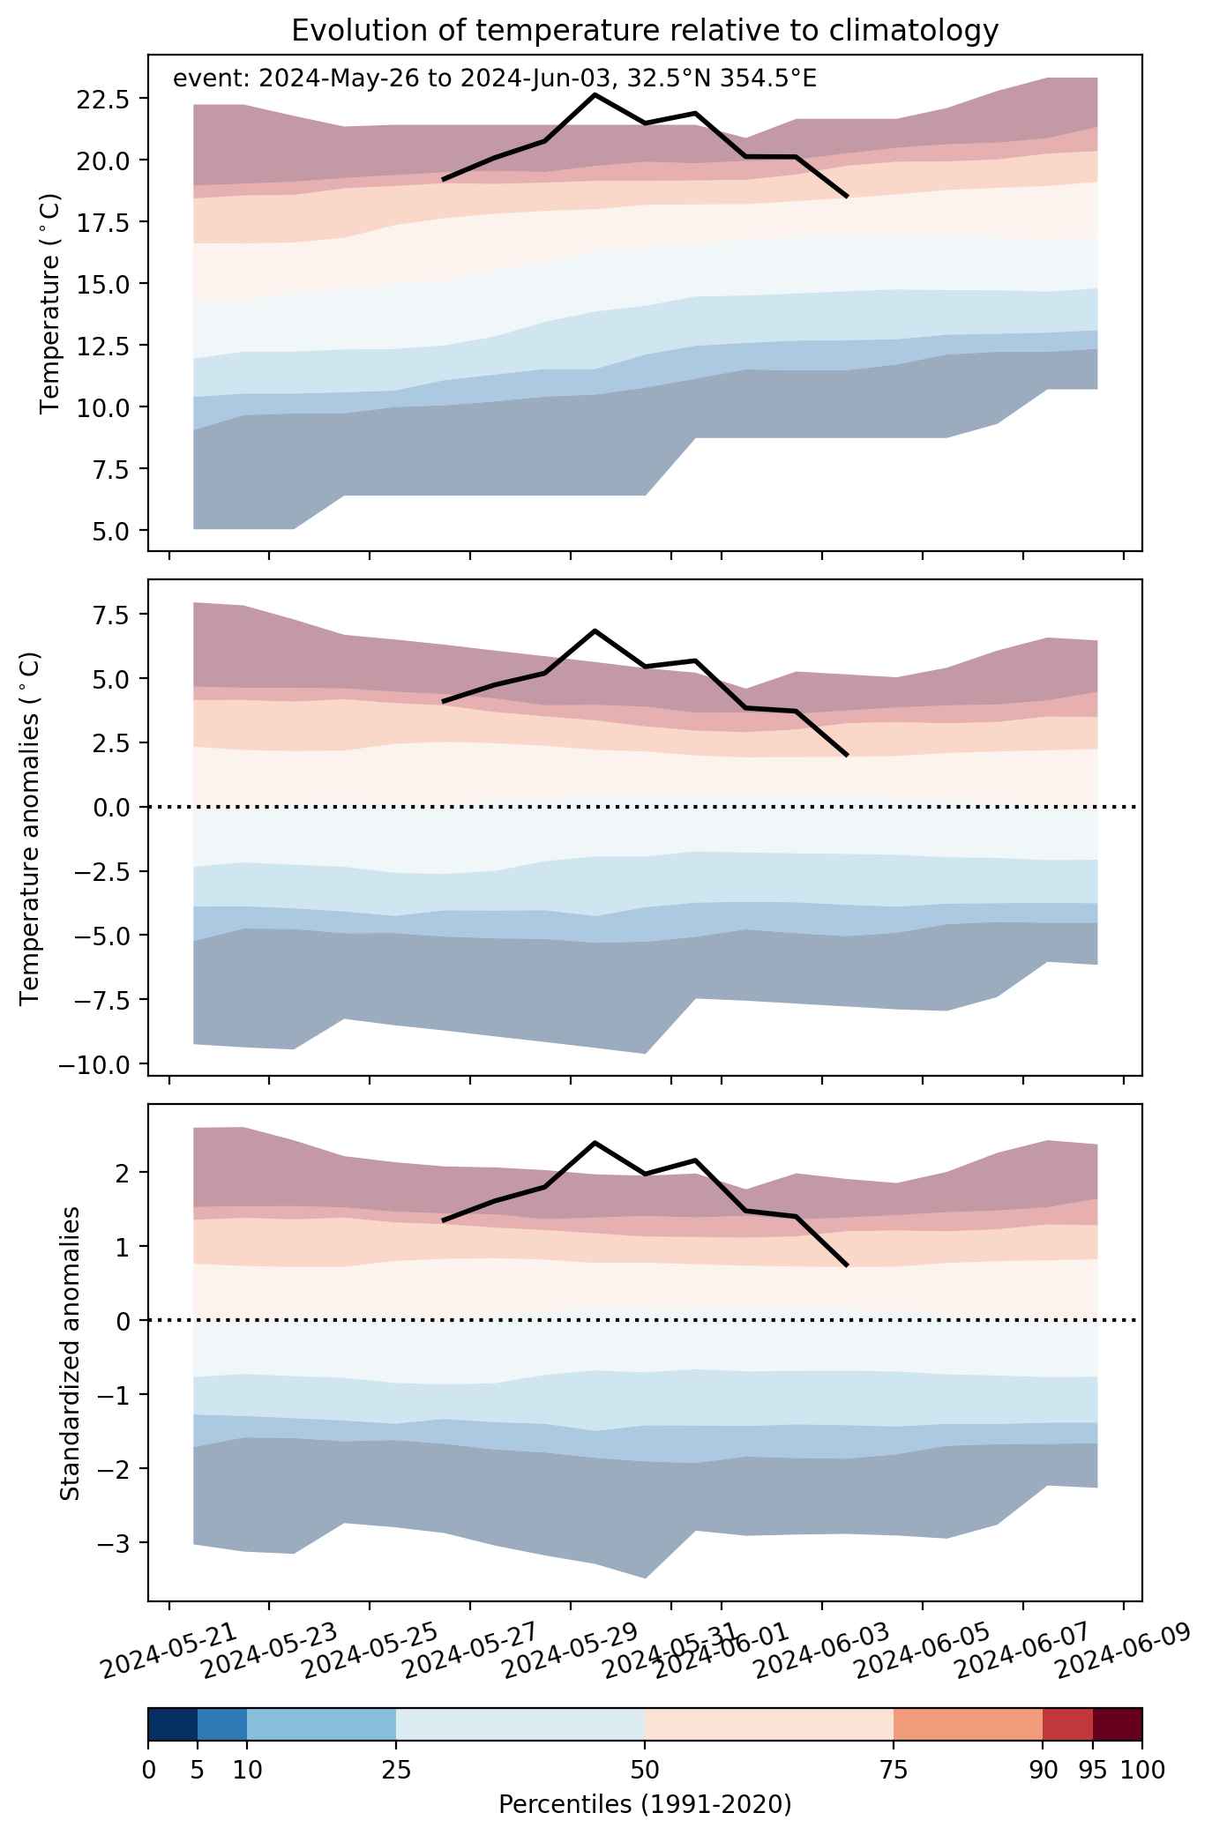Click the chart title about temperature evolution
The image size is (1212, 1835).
pyautogui.click(x=645, y=31)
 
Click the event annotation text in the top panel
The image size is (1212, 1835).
pyautogui.click(x=495, y=78)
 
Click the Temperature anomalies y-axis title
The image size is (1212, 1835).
pyautogui.click(x=31, y=827)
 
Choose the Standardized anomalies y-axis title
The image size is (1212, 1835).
pyautogui.click(x=70, y=1353)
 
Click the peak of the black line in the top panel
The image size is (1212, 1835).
pyautogui.click(x=595, y=94)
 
